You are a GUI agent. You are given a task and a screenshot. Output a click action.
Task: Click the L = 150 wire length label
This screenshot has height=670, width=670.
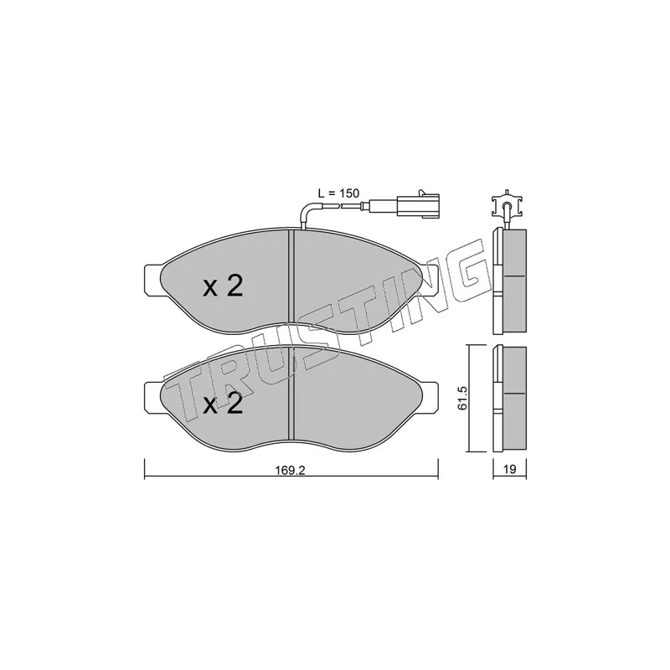[339, 193]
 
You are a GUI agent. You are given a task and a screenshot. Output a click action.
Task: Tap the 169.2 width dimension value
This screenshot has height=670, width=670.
[290, 470]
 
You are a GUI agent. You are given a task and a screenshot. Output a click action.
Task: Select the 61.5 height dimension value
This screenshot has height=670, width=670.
[461, 399]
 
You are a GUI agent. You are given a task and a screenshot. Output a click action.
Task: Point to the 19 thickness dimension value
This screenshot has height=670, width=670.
[510, 469]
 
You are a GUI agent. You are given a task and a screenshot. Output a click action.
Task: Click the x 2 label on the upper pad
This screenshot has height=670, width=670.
[223, 286]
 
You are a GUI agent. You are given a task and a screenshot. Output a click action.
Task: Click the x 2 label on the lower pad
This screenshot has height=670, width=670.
[223, 404]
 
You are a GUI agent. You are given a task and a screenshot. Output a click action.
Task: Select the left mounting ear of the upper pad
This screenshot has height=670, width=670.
[153, 280]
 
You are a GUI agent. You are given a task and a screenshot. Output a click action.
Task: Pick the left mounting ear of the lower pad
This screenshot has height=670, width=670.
[152, 397]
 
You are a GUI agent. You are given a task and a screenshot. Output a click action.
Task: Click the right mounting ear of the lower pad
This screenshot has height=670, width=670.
[430, 397]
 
